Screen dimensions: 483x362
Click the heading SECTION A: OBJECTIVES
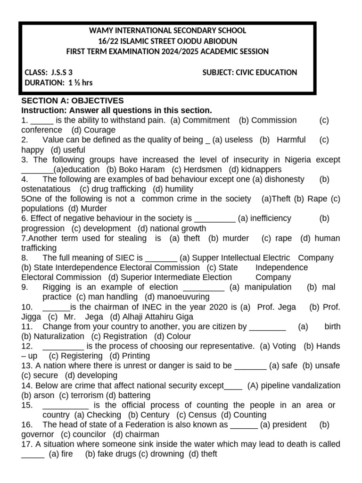click(x=73, y=100)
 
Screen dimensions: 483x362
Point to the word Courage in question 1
click(x=100, y=130)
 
